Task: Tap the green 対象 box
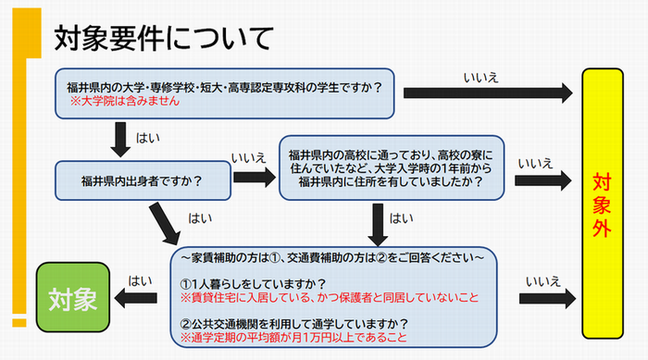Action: pyautogui.click(x=73, y=298)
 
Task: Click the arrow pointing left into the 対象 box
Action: pyautogui.click(x=140, y=297)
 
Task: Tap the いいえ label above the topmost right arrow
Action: pyautogui.click(x=480, y=76)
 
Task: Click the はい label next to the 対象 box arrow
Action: pyautogui.click(x=141, y=278)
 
